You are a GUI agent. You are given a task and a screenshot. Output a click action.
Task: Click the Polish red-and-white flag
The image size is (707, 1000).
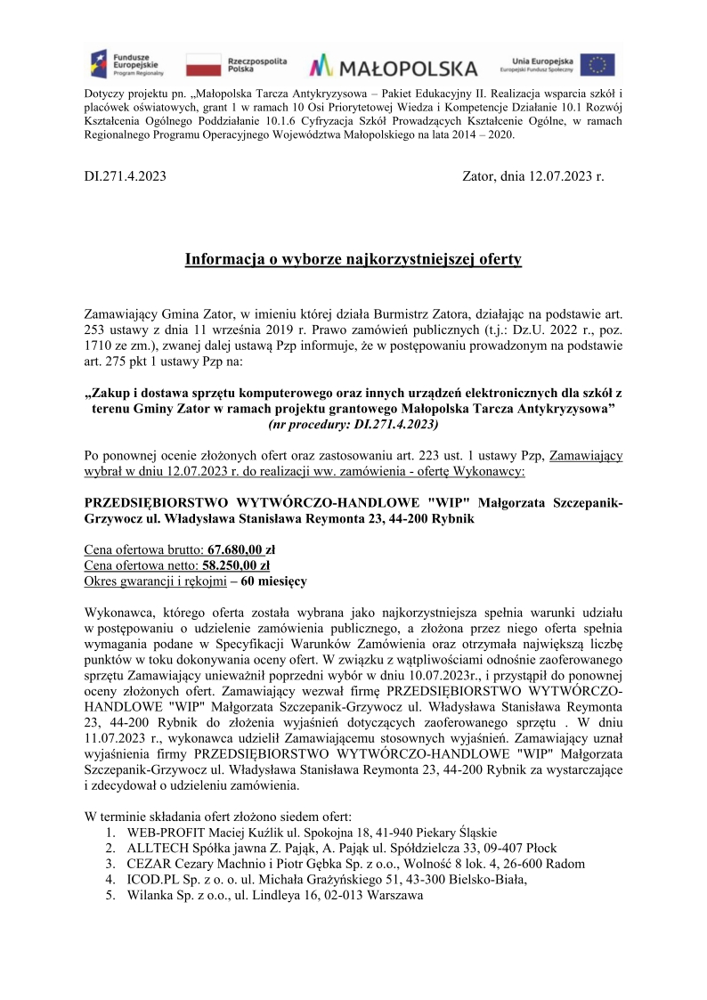(204, 65)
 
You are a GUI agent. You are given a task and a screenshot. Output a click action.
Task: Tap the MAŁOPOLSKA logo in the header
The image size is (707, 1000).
(393, 67)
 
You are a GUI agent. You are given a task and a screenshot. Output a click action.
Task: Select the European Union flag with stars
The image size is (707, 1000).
(597, 65)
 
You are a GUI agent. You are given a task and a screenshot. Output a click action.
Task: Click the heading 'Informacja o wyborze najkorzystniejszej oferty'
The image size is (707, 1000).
(353, 259)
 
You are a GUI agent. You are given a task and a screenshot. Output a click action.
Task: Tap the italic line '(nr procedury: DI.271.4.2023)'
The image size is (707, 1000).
(353, 425)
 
